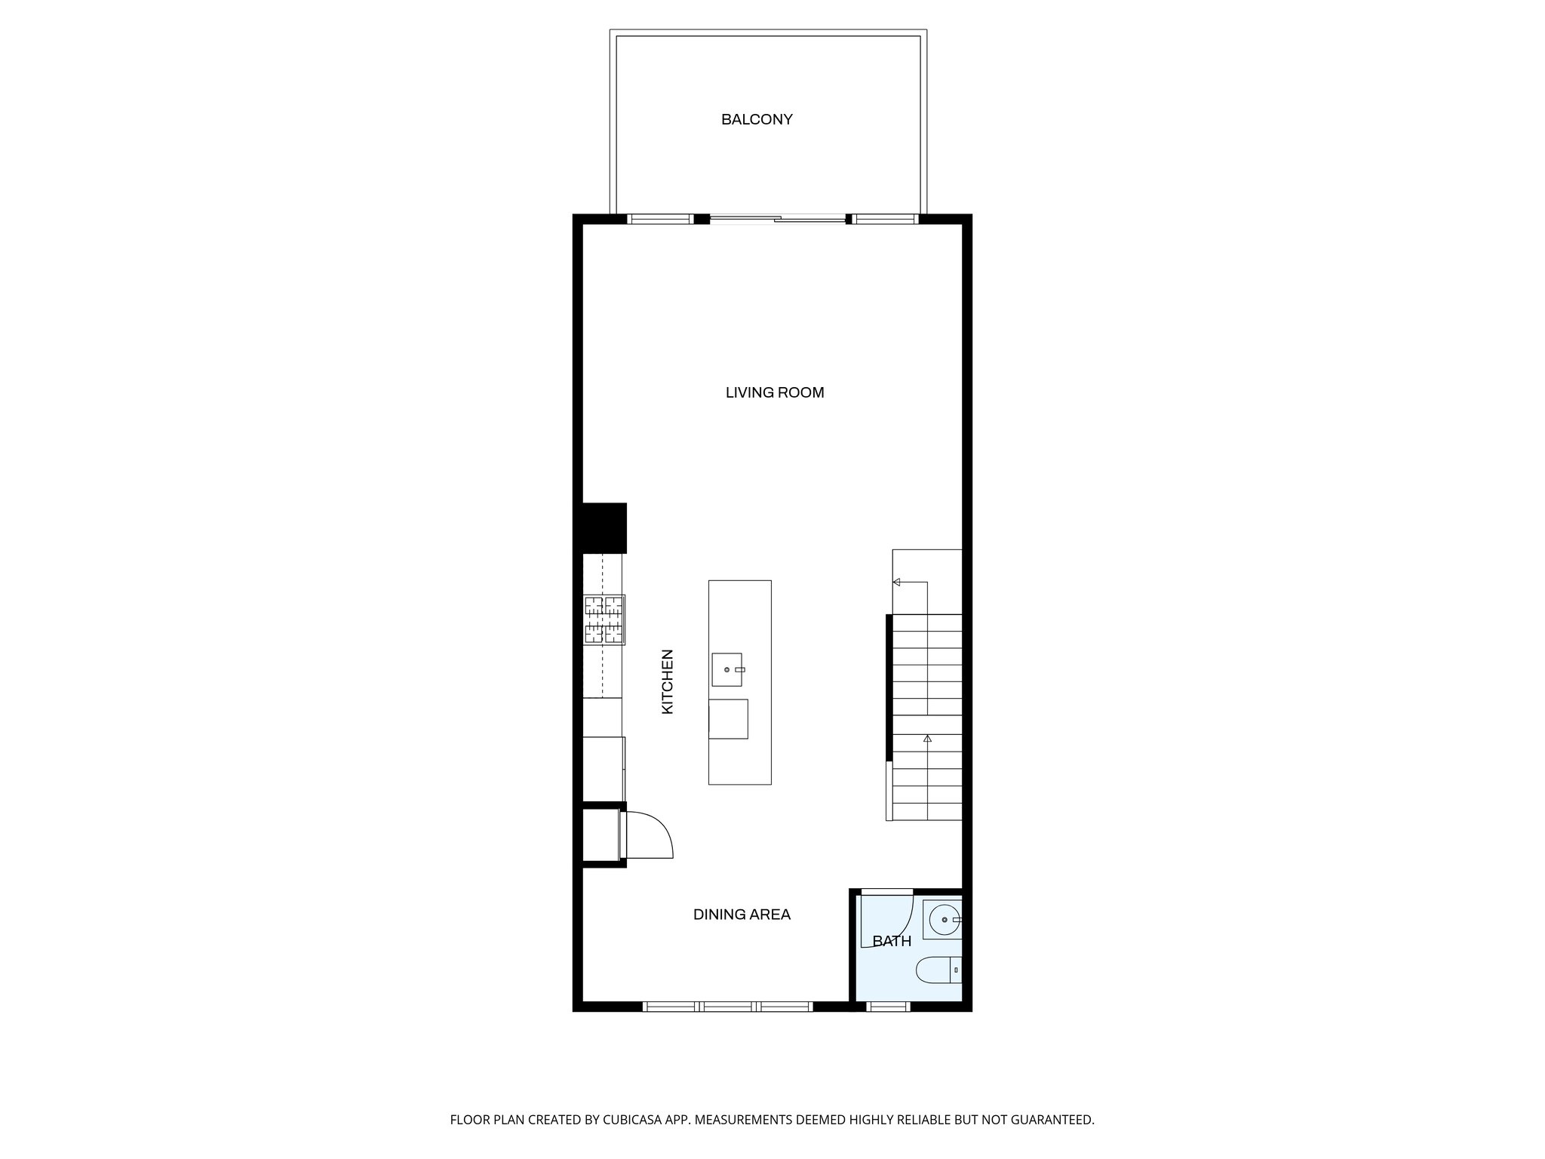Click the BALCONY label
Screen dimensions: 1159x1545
tap(757, 119)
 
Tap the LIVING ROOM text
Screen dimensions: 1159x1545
tap(775, 392)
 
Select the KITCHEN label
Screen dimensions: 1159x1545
tap(668, 681)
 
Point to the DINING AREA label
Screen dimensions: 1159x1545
tap(742, 915)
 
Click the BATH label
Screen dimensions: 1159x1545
tap(892, 941)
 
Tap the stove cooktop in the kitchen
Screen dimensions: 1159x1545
tap(604, 619)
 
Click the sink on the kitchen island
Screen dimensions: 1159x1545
tap(727, 669)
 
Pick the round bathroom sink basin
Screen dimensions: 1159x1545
tap(944, 920)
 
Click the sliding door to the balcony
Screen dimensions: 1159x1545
tap(777, 220)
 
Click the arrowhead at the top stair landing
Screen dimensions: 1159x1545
tap(897, 582)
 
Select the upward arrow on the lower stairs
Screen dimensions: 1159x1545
tap(927, 739)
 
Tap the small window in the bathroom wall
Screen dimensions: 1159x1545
tap(889, 1007)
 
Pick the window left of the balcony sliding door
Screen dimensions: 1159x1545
tap(660, 220)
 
